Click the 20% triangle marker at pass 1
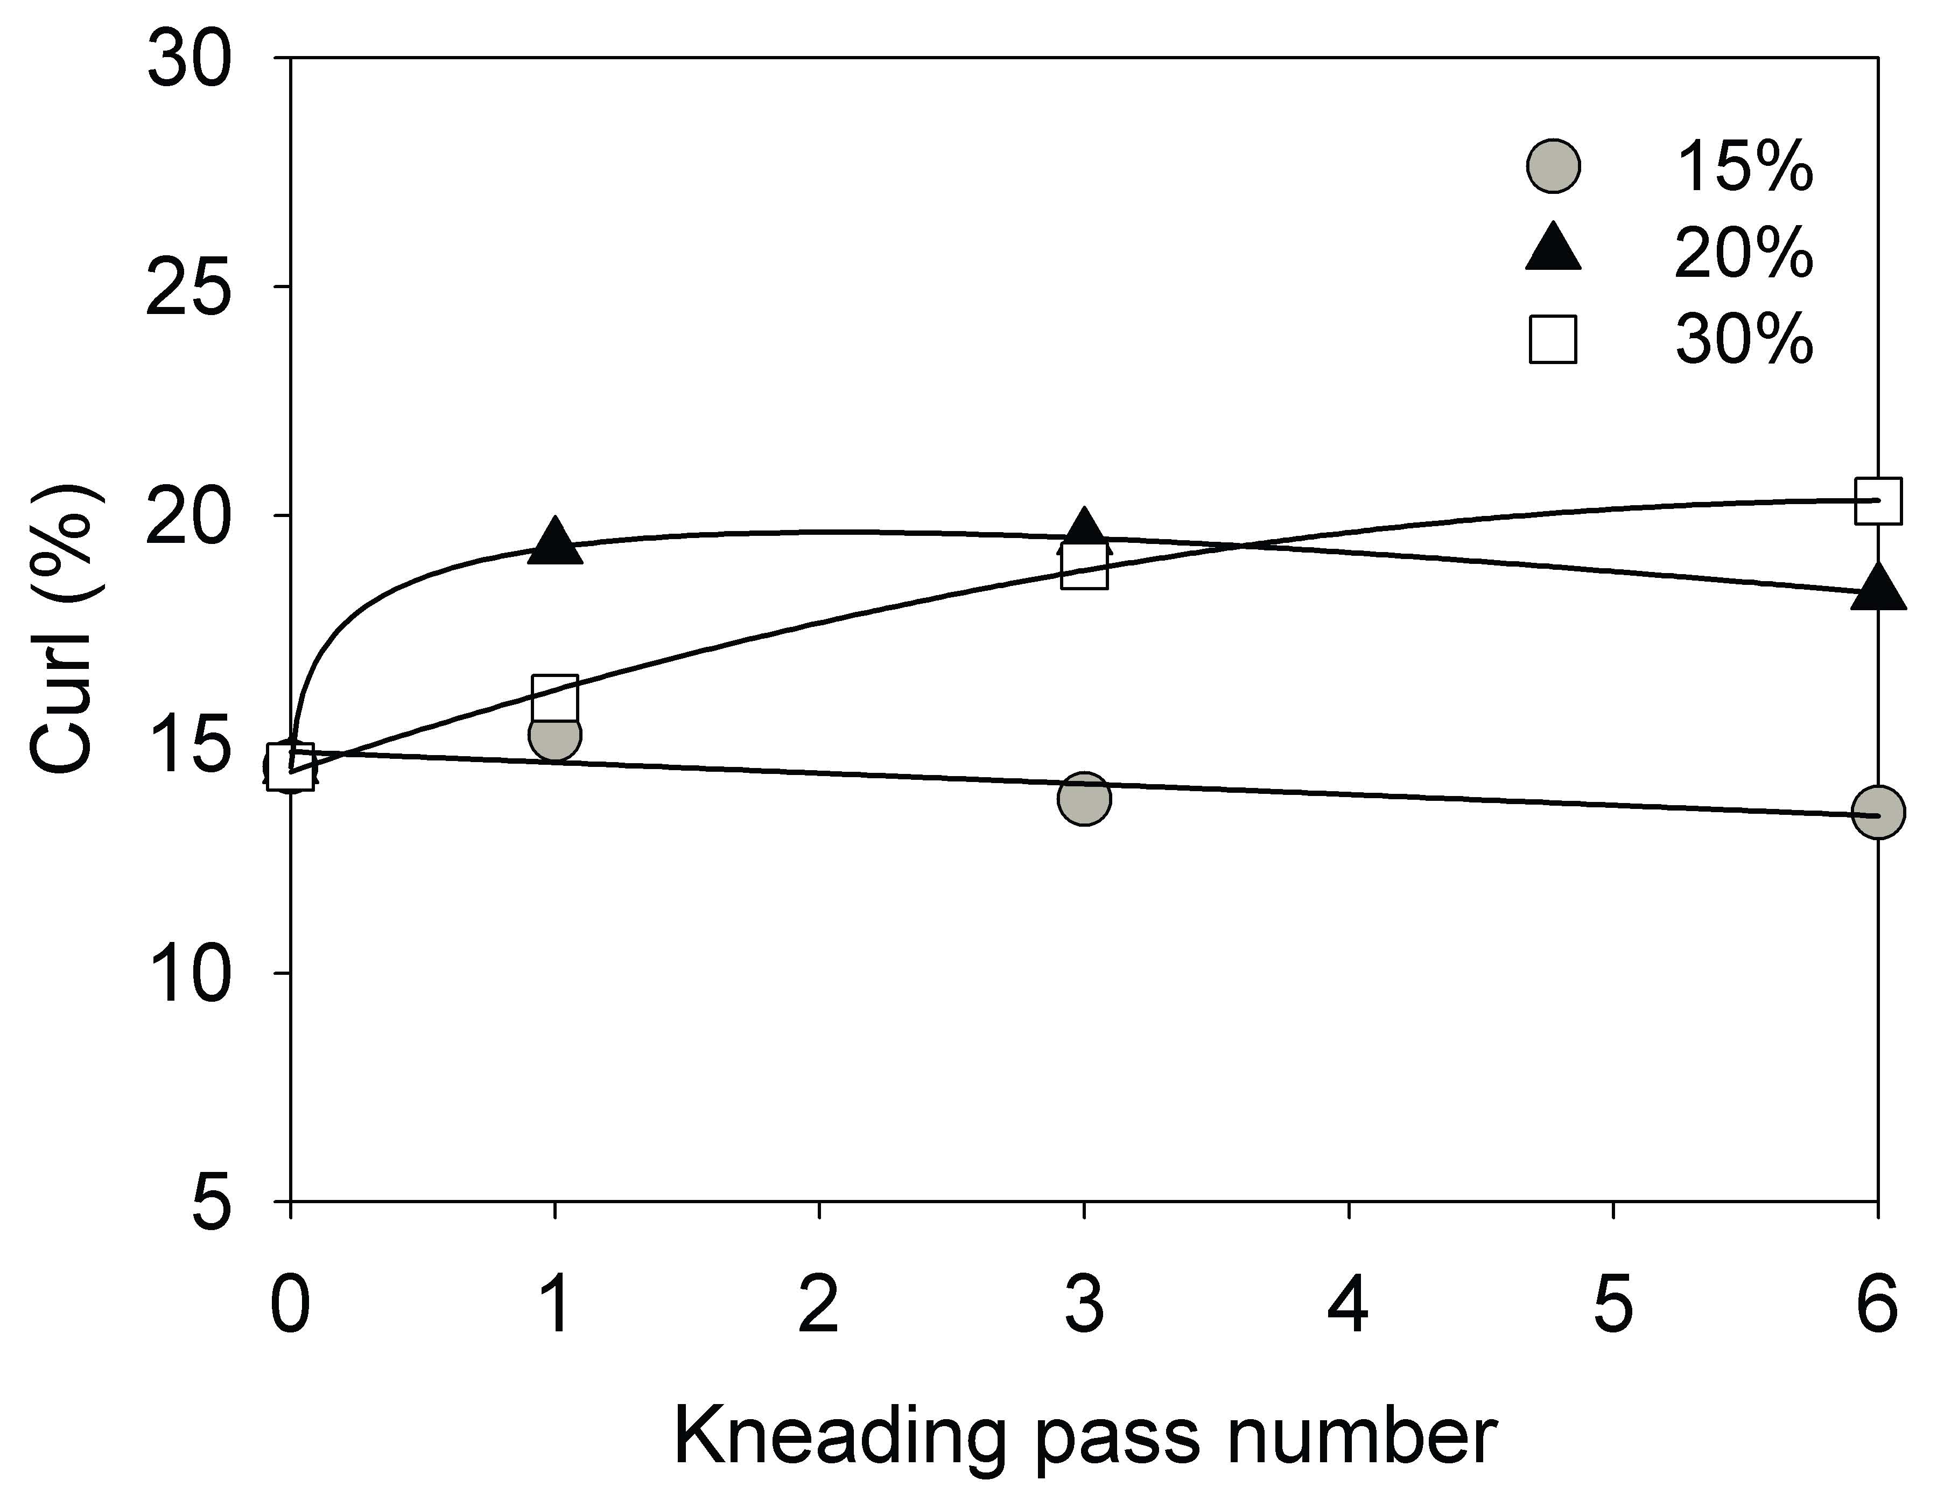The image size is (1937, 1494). (x=555, y=542)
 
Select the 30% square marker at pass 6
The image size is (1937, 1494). (x=1878, y=500)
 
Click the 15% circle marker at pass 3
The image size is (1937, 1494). (x=1084, y=798)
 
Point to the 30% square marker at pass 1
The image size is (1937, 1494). (x=555, y=698)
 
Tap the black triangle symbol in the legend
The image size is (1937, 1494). (x=1554, y=248)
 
